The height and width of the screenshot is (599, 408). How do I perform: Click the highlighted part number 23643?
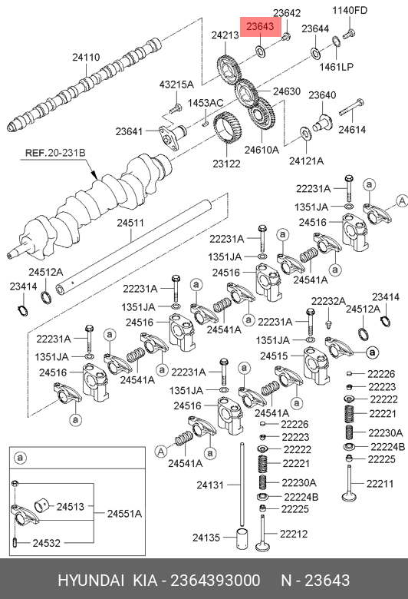tap(260, 26)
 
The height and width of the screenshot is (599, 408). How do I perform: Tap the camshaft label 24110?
tap(86, 58)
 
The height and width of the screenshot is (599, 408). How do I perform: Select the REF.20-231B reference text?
tap(55, 153)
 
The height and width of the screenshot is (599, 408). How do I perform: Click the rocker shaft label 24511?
tap(130, 223)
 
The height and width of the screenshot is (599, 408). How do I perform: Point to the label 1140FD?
tap(350, 10)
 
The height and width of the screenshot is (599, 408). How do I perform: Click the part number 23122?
tap(227, 164)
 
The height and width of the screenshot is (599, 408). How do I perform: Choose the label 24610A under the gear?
tap(262, 150)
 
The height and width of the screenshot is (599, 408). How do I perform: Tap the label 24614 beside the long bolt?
tap(352, 130)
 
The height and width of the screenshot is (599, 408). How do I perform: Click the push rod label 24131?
tap(210, 485)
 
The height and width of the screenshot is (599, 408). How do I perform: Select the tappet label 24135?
tap(206, 538)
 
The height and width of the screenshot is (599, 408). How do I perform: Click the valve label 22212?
tap(294, 534)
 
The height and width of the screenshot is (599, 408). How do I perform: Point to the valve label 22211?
tap(380, 483)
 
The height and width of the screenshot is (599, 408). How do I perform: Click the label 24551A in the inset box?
tap(124, 514)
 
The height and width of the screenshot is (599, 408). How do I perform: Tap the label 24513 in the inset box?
tap(71, 507)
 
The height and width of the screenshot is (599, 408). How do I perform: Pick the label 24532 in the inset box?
tap(46, 543)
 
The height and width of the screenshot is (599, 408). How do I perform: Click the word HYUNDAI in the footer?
tap(90, 581)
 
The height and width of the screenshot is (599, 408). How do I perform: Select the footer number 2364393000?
tap(216, 581)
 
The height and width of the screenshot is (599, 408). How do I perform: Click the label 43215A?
tap(176, 84)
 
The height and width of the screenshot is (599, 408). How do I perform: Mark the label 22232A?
tap(328, 301)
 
